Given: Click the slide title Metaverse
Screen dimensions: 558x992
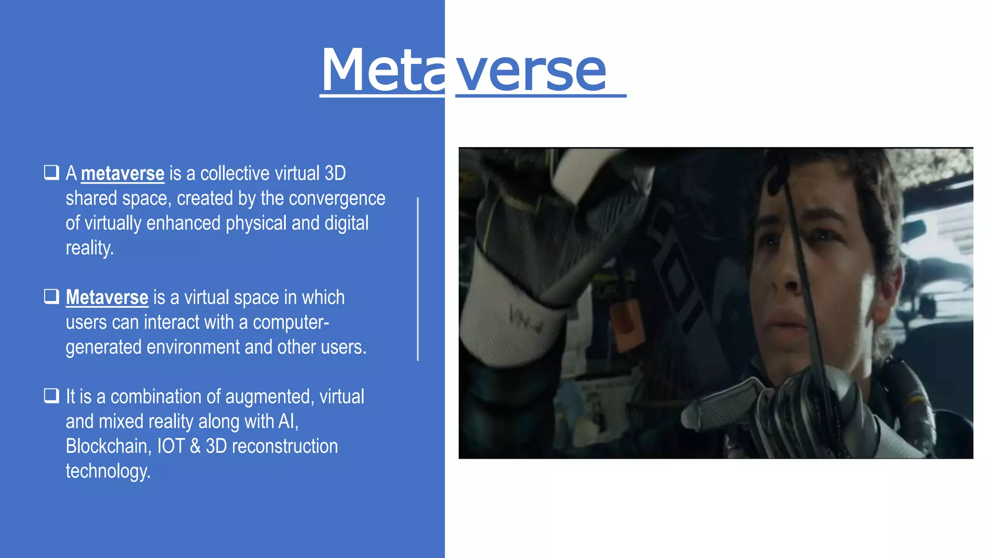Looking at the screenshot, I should [x=464, y=71].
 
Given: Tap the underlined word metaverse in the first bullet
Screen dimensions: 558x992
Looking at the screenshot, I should [x=123, y=173].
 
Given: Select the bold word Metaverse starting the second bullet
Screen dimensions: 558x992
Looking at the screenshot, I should [x=107, y=297].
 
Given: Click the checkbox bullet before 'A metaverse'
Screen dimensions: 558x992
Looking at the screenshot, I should [x=51, y=172].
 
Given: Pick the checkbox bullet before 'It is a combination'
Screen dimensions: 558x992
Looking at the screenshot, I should [x=51, y=396].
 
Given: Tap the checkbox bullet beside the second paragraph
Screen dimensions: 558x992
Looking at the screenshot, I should [x=51, y=296].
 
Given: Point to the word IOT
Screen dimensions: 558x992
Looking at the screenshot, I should [x=171, y=446].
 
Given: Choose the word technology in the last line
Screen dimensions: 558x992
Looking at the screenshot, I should [x=108, y=471].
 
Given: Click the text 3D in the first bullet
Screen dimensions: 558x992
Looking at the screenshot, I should [x=335, y=173].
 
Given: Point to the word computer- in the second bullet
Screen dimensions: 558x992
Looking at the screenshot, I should [x=291, y=323].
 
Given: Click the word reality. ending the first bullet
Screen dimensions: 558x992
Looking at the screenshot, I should [x=90, y=248].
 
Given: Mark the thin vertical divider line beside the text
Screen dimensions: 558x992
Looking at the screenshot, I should [x=418, y=279].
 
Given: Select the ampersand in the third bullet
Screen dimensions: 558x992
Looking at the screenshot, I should [x=195, y=446].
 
